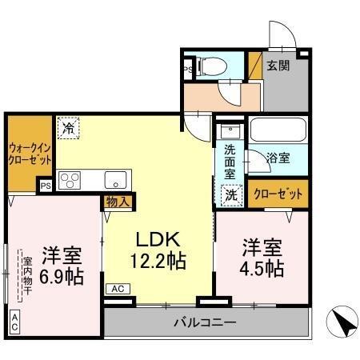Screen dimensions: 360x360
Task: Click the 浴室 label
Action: [278, 158]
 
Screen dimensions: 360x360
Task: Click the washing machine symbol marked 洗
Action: [230, 193]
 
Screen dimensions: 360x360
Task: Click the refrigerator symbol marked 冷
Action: [69, 127]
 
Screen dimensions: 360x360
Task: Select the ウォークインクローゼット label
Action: [30, 153]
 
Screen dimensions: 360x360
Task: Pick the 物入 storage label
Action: [118, 202]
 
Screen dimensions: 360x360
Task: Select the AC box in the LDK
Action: [117, 289]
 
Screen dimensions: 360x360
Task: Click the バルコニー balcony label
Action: [206, 323]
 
